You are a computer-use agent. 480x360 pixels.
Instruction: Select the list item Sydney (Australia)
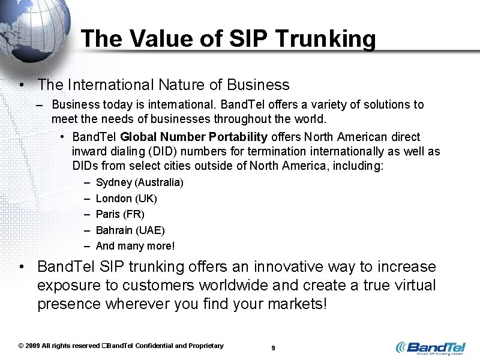[140, 182]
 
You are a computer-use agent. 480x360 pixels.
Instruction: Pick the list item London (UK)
[127, 199]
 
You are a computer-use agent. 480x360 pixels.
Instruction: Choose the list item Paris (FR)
[120, 214]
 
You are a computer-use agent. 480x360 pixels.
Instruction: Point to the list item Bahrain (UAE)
[130, 230]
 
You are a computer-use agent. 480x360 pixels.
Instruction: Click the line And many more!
[136, 246]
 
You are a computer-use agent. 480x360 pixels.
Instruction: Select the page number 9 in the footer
[273, 348]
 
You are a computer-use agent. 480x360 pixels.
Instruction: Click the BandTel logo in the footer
[430, 347]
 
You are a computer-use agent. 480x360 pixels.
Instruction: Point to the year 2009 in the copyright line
[34, 346]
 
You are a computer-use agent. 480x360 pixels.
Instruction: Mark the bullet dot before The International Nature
[21, 86]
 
